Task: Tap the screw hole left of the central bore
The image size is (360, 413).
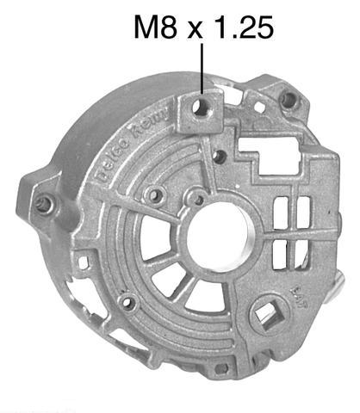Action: pyautogui.click(x=156, y=197)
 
